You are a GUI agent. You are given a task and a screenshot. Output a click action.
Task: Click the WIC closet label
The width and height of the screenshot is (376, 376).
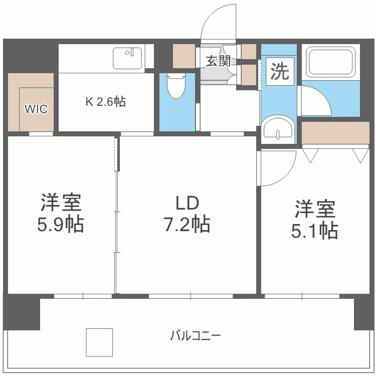[x=37, y=109]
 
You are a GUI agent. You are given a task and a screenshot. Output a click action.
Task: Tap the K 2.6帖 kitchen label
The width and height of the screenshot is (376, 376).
[x=105, y=102]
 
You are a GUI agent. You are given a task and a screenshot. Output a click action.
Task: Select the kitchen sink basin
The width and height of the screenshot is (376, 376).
[x=128, y=58]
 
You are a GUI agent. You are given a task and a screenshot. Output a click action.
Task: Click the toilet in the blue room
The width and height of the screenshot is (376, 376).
[x=176, y=87]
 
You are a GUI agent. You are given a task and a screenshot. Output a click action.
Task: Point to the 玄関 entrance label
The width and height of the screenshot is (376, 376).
[x=218, y=61]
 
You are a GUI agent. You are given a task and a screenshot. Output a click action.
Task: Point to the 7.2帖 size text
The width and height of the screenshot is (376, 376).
[x=187, y=224]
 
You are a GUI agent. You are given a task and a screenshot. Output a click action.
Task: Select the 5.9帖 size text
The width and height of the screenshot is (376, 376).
[x=60, y=224]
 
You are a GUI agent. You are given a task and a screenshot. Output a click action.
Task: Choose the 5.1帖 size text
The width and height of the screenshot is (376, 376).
[x=314, y=230]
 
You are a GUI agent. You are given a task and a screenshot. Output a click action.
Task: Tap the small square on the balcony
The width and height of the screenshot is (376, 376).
[x=99, y=342]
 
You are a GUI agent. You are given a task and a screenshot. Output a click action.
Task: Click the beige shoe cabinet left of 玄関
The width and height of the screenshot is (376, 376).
[x=183, y=56]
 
